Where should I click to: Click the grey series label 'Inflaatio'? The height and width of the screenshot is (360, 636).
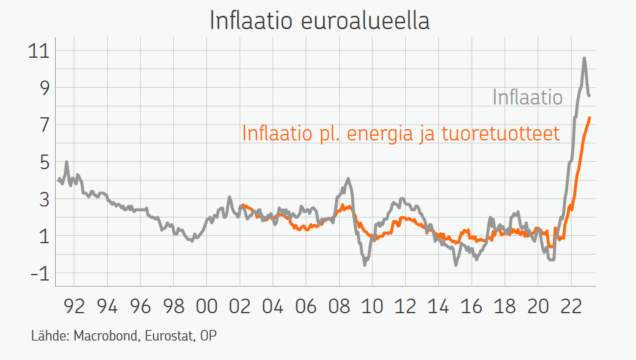(x=527, y=98)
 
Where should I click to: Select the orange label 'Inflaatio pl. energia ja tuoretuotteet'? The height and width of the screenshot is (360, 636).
(x=400, y=132)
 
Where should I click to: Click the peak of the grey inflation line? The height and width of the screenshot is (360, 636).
(x=584, y=58)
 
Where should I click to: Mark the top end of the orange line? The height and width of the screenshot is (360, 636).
(x=590, y=118)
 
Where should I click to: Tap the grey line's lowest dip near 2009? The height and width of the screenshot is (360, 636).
(x=365, y=264)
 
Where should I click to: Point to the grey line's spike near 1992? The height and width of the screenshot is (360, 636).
(x=67, y=162)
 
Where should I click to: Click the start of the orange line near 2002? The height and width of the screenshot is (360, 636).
(x=240, y=205)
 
